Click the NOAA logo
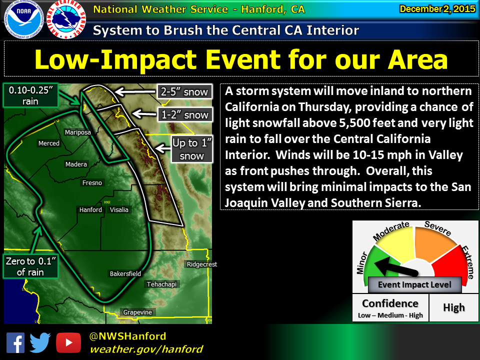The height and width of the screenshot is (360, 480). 24,19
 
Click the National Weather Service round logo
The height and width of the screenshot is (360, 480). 66,19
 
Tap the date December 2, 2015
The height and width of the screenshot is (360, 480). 437,9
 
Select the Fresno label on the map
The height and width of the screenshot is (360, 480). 92,183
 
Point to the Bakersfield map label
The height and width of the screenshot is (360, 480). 125,273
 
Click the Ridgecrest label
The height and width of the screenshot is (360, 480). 202,264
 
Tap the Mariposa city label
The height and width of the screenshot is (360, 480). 78,132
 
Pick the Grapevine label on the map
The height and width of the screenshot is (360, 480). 138,312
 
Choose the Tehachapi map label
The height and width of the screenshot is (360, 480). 161,284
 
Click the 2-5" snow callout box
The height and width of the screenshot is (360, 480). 184,91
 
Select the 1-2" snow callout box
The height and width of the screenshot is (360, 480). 185,115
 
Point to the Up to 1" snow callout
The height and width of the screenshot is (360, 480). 191,149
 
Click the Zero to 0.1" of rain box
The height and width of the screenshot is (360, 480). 30,266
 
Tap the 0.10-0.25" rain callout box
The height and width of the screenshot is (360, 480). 30,95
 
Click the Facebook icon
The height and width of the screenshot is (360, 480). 15,343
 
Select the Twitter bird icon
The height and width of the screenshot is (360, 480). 40,342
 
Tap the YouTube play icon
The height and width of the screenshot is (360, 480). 68,343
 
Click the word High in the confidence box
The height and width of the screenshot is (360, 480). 454,307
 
